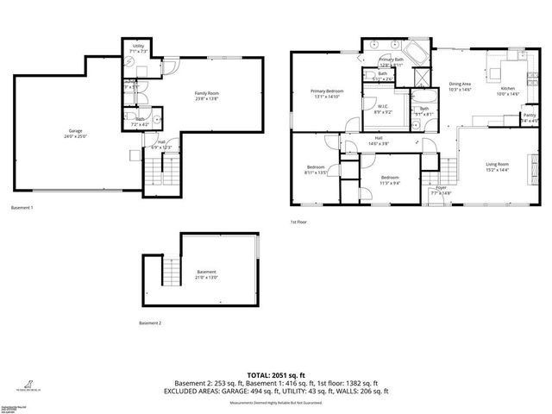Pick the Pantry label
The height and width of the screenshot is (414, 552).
click(530, 117)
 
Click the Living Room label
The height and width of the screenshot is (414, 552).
click(497, 166)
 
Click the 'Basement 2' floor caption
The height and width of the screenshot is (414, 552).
click(150, 323)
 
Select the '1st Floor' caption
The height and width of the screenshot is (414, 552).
click(300, 222)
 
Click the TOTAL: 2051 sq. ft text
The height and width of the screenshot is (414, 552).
click(276, 374)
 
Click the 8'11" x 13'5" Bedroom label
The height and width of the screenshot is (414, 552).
click(316, 169)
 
